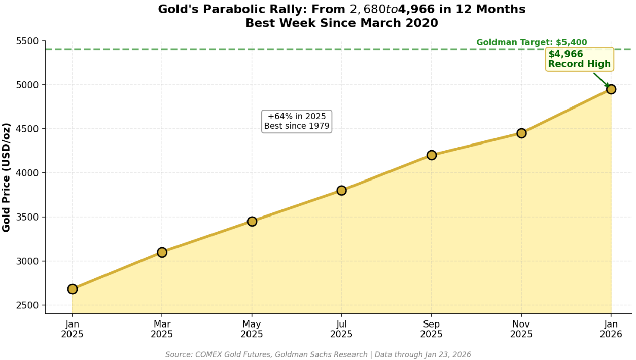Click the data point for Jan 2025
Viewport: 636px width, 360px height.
73,289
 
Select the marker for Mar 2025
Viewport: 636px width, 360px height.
162,252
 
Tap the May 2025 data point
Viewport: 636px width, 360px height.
252,221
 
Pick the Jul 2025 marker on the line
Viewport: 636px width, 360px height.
341,190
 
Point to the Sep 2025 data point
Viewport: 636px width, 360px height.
432,155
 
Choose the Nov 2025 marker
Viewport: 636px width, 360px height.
521,133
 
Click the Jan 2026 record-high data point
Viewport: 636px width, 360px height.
611,89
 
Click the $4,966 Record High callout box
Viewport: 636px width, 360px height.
579,59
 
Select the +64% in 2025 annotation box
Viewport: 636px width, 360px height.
297,121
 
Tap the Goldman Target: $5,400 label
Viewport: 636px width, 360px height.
532,42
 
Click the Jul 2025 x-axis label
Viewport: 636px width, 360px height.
341,329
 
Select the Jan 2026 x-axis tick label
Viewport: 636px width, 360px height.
611,329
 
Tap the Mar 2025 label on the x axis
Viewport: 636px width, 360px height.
162,329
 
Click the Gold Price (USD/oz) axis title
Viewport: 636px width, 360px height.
7,177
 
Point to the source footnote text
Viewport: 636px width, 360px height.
318,355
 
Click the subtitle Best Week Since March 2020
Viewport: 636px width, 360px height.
341,23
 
